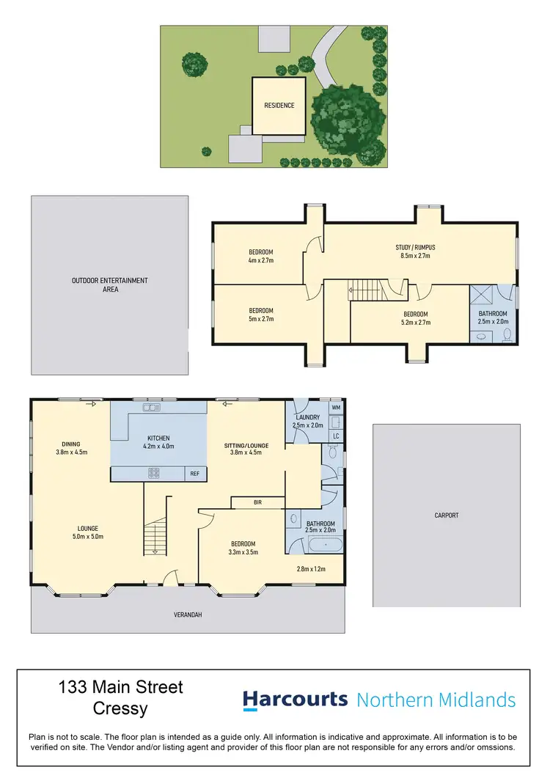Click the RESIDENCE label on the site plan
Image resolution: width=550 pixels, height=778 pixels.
click(x=279, y=106)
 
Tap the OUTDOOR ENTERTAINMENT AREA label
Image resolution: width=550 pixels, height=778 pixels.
click(x=109, y=285)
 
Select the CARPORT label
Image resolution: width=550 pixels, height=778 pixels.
click(x=446, y=515)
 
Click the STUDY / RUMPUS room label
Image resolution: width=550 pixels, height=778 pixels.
click(x=415, y=248)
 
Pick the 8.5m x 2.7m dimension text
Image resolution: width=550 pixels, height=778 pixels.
click(x=415, y=257)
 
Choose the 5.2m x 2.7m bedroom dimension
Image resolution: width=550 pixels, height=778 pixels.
click(x=415, y=322)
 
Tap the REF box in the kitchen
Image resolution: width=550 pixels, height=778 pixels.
click(x=194, y=474)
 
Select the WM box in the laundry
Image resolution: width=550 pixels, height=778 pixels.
click(x=336, y=407)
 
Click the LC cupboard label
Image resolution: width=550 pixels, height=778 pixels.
click(x=336, y=436)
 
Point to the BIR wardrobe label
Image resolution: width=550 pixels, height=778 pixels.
click(x=257, y=502)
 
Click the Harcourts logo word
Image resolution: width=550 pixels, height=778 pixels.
click(x=295, y=700)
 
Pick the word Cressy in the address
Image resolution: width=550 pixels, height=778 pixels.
click(x=120, y=709)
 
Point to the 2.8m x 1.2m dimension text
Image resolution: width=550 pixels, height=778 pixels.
click(x=310, y=568)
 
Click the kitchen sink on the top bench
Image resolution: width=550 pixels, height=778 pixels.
click(x=153, y=406)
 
